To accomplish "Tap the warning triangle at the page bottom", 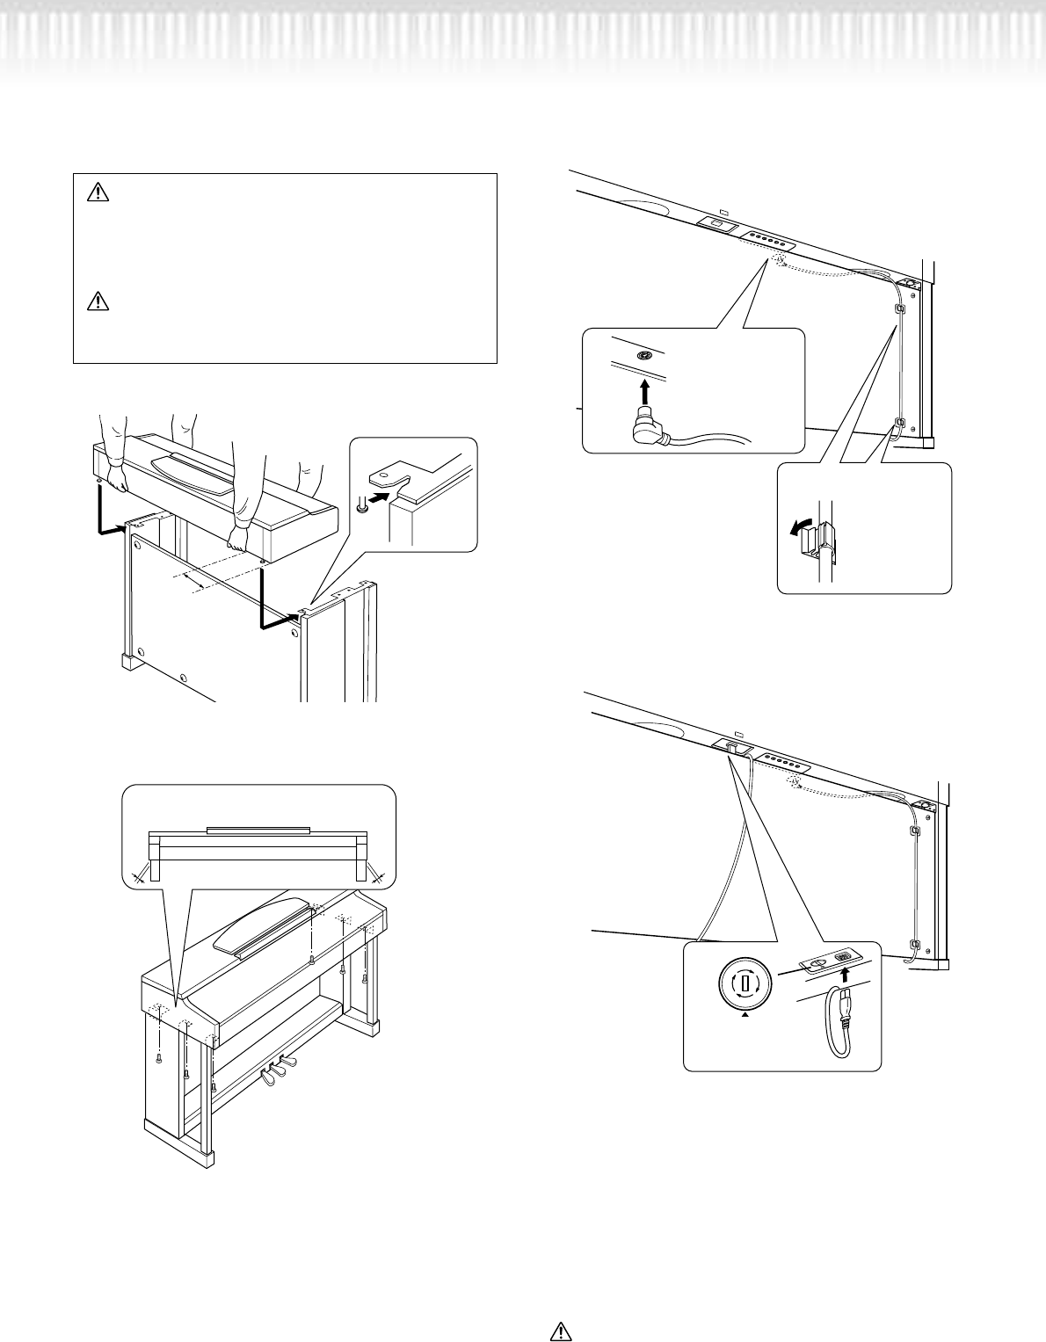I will point(560,1331).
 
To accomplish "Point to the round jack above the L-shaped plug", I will point(645,355).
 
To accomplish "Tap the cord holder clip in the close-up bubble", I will point(824,539).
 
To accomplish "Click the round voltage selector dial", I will point(745,983).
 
